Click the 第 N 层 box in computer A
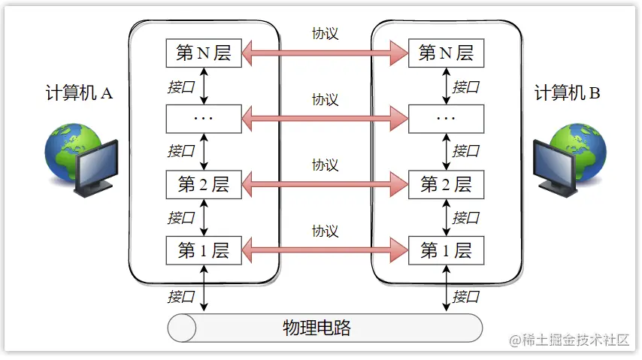coord(203,53)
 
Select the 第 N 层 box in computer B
coord(446,53)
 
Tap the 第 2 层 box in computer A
coord(203,185)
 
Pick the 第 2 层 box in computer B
coord(446,185)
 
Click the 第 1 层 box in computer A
coord(203,250)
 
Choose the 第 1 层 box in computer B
coord(446,250)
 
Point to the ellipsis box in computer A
coord(203,118)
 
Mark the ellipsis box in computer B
coord(446,118)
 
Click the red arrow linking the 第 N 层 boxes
coord(324,53)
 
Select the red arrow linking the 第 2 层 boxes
coord(324,185)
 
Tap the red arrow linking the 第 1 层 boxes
coord(324,250)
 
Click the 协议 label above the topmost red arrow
coord(325,34)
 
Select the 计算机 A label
coord(78,93)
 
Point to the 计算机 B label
coord(567,93)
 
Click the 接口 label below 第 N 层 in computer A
coord(181,86)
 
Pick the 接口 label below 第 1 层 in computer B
coord(466,296)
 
